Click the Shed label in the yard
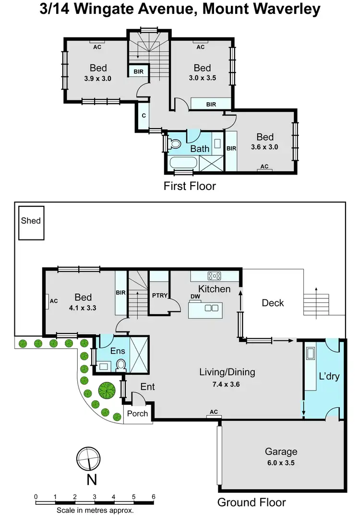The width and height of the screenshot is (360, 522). pos(31,221)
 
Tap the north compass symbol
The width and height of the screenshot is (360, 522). pos(88,458)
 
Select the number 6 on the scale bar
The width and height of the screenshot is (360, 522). pos(153,497)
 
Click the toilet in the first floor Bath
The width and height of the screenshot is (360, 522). pos(174,143)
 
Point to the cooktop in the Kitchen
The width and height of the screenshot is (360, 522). pos(214,276)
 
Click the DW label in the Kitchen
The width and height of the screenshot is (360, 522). pos(195,297)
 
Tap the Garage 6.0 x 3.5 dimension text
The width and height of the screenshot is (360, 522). pos(281,463)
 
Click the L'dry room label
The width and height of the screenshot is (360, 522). pos(329,376)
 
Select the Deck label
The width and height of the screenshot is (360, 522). pos(273,303)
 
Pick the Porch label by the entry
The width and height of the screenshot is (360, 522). pos(137,414)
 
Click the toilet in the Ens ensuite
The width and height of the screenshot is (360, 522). pos(121,366)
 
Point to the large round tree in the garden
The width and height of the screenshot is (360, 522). pos(107,390)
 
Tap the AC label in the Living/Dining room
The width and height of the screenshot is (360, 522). pos(214,412)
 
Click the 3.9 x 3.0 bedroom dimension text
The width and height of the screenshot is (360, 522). pos(98,78)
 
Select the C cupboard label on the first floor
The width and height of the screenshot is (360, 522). pos(144,116)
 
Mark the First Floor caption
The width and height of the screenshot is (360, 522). pos(190,186)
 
